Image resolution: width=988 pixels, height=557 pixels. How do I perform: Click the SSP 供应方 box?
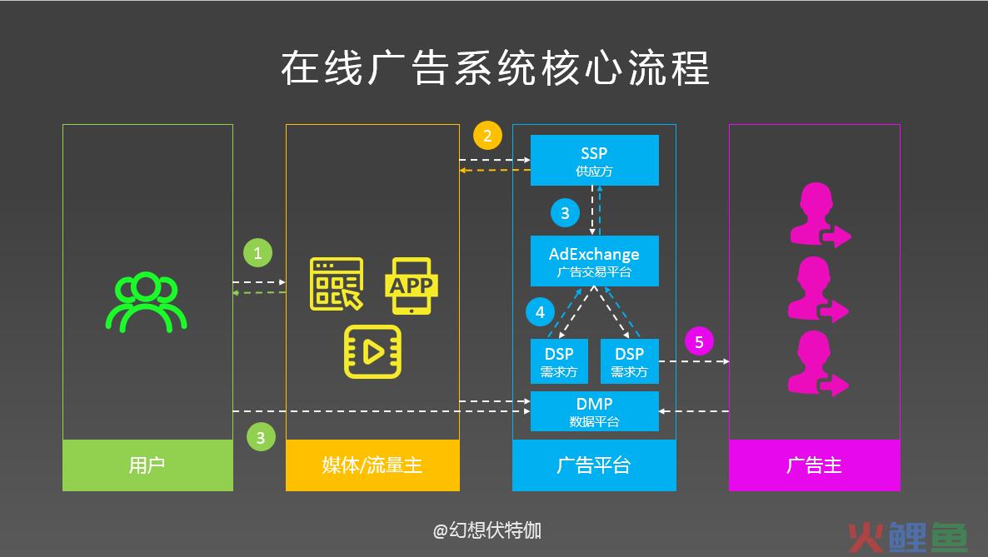594,160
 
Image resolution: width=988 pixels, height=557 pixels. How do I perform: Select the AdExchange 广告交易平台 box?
594,261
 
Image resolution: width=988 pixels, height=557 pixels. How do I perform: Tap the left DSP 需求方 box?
559,361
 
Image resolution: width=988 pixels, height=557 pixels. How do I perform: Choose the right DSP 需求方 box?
630,361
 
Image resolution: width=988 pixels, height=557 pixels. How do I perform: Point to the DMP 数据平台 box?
594,411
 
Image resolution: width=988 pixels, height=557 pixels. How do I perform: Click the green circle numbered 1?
257,253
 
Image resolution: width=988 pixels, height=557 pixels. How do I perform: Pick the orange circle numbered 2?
487,136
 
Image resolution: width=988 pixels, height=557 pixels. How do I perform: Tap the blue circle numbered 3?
565,213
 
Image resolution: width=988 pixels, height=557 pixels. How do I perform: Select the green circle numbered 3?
261,437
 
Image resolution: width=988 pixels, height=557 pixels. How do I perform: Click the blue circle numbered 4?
540,312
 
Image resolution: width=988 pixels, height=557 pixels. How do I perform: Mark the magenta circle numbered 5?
700,341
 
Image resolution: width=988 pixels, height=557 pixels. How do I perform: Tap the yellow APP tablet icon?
411,286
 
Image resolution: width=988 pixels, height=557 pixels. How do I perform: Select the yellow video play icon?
372,351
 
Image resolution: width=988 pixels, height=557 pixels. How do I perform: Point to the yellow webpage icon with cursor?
337,284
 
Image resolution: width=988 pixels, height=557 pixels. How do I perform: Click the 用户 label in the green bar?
147,465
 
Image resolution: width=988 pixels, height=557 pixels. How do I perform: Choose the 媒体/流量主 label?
372,465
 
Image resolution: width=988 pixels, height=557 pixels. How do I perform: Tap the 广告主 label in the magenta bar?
814,465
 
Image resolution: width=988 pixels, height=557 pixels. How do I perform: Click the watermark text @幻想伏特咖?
487,530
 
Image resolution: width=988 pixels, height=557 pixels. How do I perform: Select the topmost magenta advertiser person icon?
819,214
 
